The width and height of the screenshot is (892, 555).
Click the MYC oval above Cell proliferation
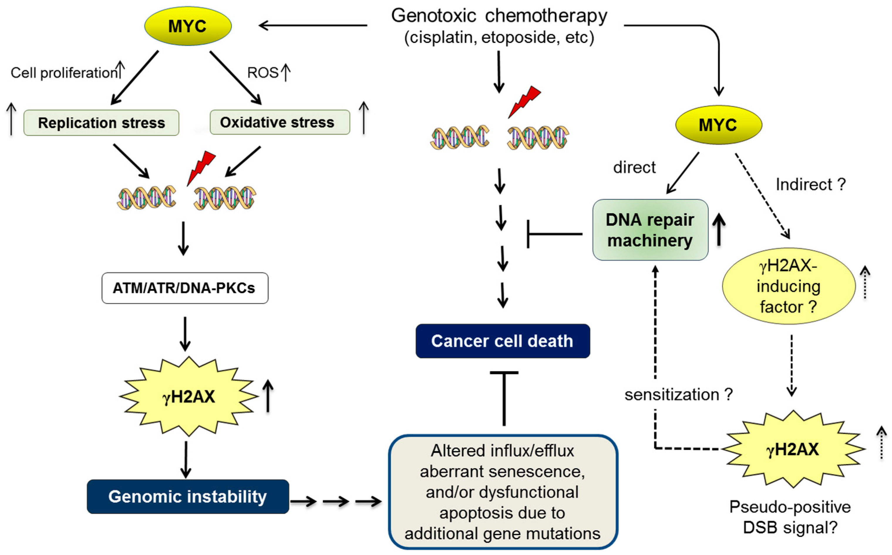pos(188,26)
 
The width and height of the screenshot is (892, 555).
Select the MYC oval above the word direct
pos(718,125)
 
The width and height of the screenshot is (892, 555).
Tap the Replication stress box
pos(101,123)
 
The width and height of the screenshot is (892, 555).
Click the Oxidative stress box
pos(280,122)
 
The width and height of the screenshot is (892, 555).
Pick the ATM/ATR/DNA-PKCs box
pos(185,288)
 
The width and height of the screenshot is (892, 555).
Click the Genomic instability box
pos(188,496)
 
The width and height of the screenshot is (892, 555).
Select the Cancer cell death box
pos(503,341)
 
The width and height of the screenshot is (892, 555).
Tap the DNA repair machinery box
pos(650,230)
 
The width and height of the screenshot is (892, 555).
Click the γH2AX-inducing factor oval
pos(788,286)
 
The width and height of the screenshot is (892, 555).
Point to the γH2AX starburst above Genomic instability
pos(189,396)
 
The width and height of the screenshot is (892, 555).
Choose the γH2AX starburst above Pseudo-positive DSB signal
pos(793,449)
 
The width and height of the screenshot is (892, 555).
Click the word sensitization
pos(671,395)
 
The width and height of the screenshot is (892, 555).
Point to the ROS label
pos(262,73)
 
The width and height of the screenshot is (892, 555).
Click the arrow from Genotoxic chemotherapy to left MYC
pos(312,25)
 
